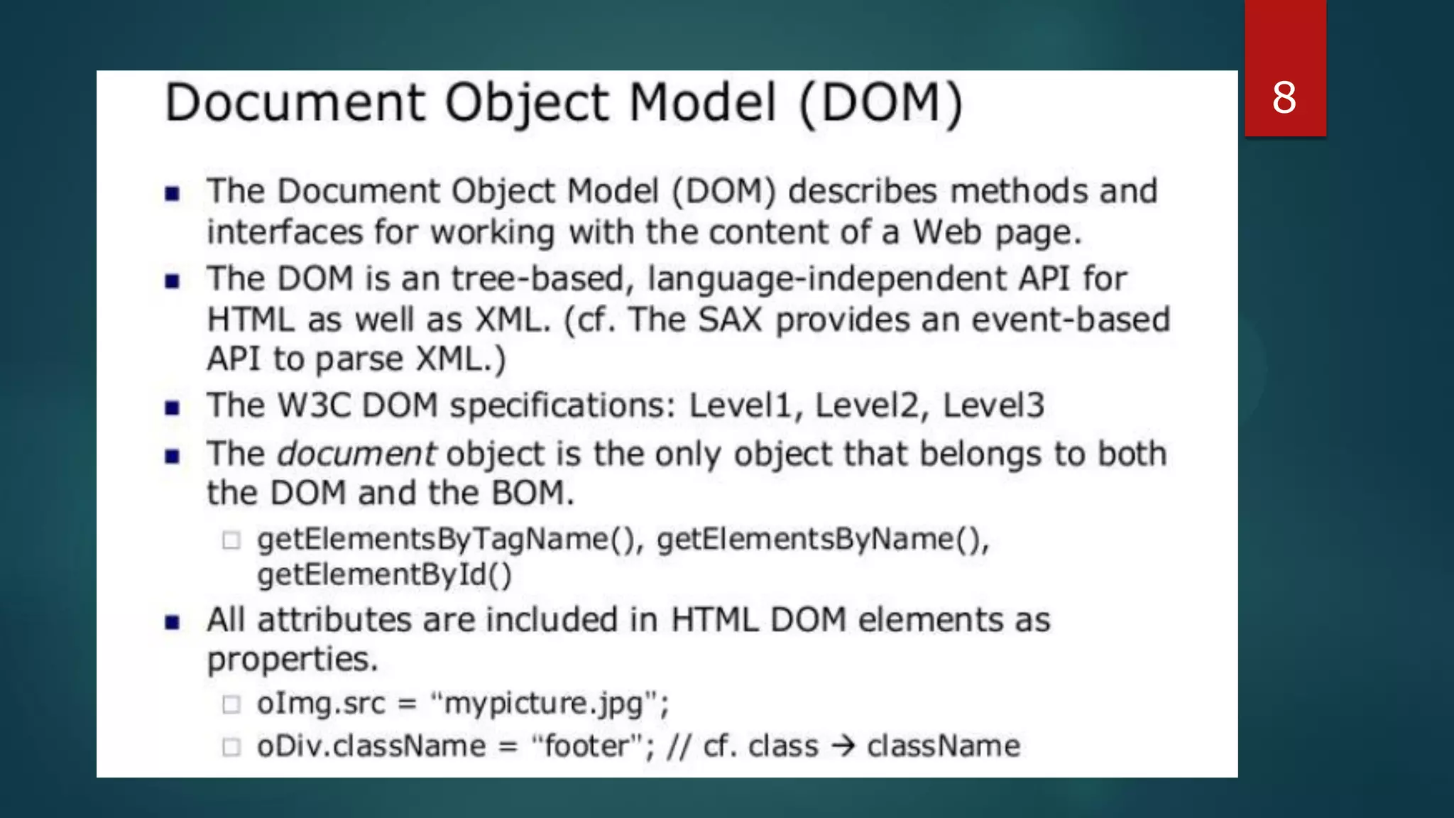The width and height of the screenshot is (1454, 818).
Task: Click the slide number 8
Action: (1284, 98)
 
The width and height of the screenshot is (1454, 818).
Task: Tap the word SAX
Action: (729, 320)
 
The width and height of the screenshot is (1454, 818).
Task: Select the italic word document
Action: (356, 454)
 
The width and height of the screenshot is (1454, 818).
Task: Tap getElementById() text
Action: (384, 575)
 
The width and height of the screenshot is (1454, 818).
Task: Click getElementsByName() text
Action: (822, 540)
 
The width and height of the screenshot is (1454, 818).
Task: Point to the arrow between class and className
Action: (843, 746)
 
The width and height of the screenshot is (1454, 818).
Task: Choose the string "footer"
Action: (589, 746)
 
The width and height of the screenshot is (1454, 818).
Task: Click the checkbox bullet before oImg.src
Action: (231, 704)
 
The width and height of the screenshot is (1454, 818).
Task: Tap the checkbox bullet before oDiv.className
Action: (231, 747)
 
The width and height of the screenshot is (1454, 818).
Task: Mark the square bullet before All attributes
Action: (172, 623)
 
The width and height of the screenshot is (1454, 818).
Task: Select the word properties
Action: (292, 660)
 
